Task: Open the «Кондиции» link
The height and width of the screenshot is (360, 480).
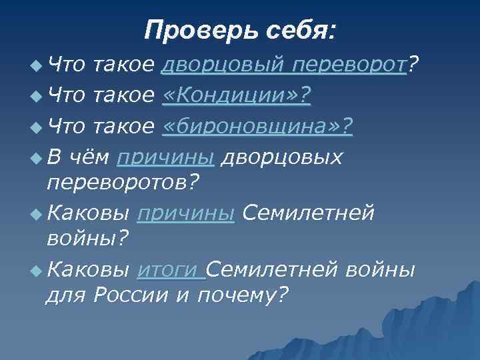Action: [237, 96]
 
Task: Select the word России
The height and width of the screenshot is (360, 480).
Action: [133, 295]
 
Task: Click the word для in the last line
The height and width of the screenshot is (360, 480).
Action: [66, 295]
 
